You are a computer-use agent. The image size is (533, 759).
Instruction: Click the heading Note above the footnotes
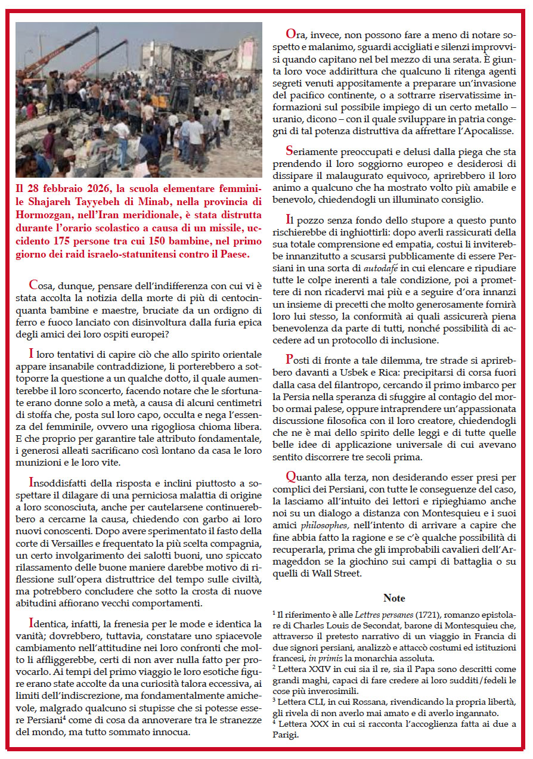394,598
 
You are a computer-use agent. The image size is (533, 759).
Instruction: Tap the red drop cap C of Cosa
33,285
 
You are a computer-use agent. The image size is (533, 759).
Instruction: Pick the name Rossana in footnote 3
376,702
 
